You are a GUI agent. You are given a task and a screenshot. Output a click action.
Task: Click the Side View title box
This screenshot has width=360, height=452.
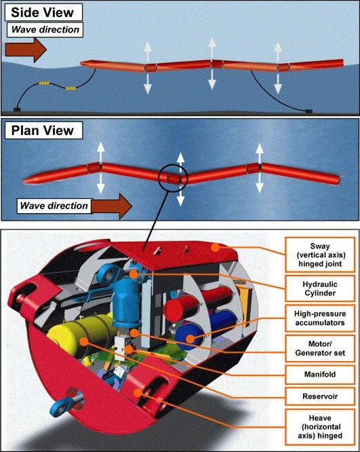[43, 12]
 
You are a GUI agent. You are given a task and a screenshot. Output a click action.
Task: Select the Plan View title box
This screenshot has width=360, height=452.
[43, 130]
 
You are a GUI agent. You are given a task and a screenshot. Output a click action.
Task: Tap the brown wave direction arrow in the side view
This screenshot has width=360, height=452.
[26, 50]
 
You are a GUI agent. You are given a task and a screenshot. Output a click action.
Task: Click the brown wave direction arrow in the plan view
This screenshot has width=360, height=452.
[112, 206]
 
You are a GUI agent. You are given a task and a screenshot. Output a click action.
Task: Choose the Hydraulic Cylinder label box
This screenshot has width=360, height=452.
[320, 288]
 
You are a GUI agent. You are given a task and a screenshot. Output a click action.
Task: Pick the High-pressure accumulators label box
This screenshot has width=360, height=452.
[320, 318]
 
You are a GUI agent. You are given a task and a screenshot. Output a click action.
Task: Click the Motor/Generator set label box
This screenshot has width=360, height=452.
[320, 348]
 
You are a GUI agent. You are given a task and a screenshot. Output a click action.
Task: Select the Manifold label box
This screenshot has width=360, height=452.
[320, 375]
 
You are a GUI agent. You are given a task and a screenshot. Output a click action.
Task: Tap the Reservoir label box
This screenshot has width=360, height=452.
[320, 396]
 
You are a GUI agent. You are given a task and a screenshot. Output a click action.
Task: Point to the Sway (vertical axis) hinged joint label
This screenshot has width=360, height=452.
[320, 255]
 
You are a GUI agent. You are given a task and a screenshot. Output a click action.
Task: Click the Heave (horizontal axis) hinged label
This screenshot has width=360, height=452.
[320, 427]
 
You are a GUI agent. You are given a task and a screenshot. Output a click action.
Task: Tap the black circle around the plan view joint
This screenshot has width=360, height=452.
[173, 164]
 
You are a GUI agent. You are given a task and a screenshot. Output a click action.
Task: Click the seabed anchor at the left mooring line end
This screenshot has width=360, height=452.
[17, 109]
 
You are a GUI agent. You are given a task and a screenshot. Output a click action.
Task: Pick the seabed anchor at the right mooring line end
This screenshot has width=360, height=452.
[308, 111]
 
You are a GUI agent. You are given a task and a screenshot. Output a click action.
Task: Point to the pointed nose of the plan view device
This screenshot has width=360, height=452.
[24, 181]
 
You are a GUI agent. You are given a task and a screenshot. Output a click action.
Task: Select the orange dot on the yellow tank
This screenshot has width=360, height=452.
[84, 341]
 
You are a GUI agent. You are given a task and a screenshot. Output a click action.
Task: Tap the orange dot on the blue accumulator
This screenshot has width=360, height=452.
[190, 339]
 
